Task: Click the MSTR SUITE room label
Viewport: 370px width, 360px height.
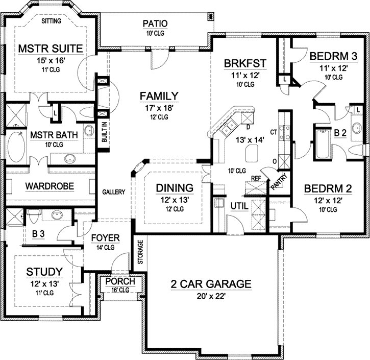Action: click(x=51, y=49)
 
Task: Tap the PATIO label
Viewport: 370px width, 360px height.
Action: click(x=155, y=23)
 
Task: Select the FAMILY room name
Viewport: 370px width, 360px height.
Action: click(x=160, y=95)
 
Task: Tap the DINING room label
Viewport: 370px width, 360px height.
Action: click(x=175, y=187)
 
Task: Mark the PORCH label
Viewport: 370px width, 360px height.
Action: click(x=120, y=282)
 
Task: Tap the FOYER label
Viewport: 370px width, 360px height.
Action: click(x=105, y=238)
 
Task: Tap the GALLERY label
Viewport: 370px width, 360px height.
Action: click(x=113, y=192)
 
